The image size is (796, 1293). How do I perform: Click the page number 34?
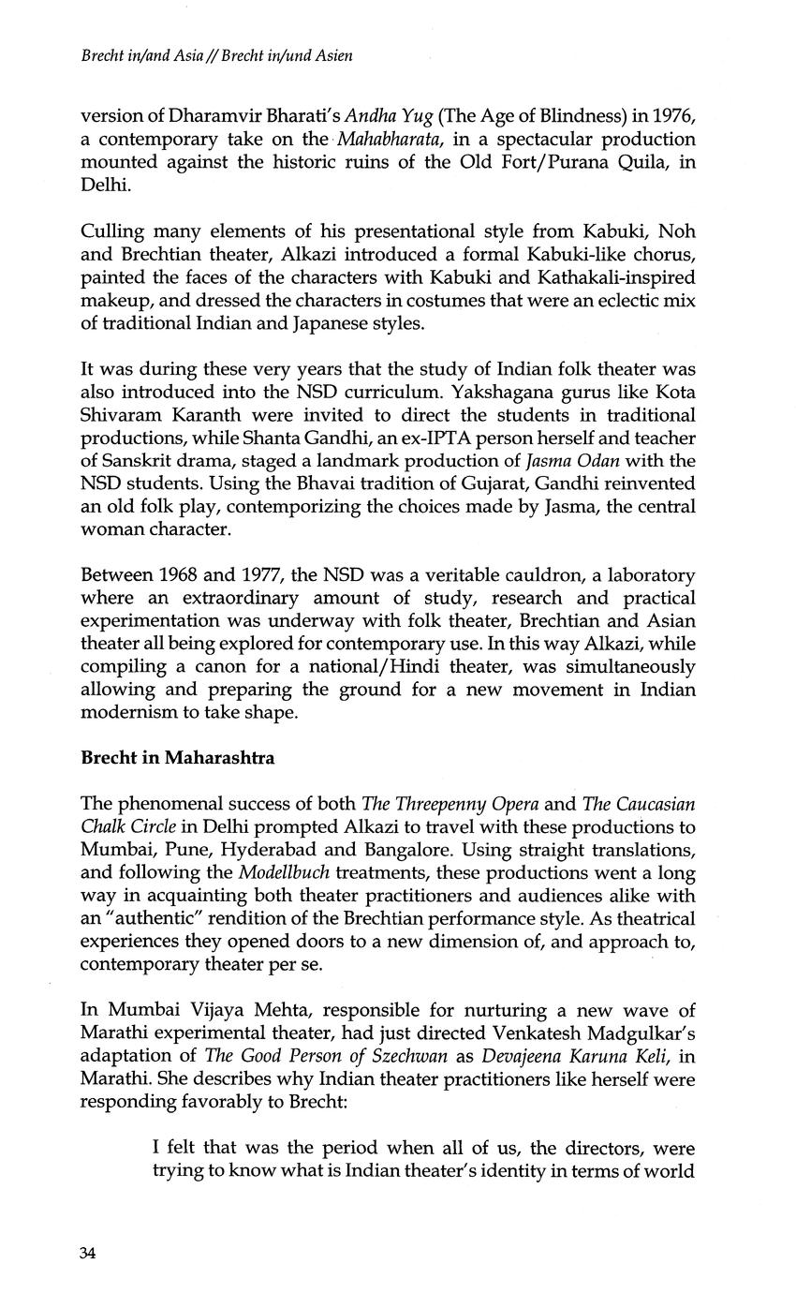pos(88,1255)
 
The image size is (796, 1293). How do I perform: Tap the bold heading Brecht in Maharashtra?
pos(178,758)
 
